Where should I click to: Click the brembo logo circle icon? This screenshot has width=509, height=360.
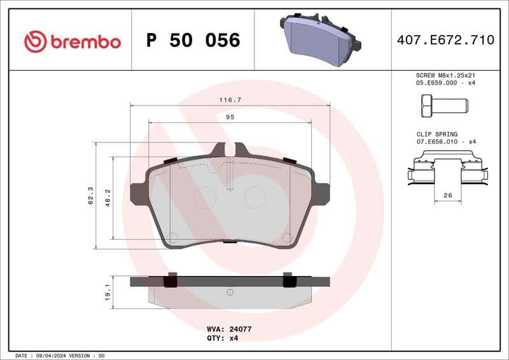(x=36, y=42)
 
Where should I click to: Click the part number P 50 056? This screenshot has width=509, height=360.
(x=193, y=41)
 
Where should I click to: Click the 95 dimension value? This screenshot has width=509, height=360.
(x=230, y=117)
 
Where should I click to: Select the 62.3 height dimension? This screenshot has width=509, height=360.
(x=91, y=196)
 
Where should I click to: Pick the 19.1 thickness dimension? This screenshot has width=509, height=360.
(x=108, y=292)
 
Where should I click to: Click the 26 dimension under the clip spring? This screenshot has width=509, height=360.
(x=447, y=196)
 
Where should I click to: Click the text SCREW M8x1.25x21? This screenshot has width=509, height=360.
(x=445, y=75)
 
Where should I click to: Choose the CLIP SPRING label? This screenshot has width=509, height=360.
(x=436, y=134)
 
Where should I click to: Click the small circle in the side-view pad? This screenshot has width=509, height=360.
(x=230, y=291)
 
